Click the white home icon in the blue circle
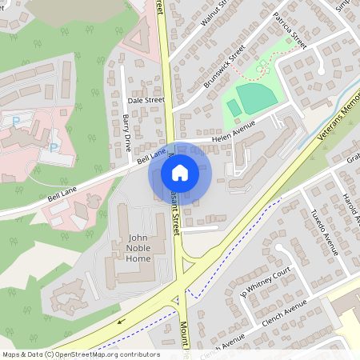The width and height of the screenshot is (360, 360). [x=180, y=173]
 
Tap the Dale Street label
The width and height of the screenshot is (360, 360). [x=146, y=100]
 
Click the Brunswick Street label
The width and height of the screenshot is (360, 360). [x=224, y=66]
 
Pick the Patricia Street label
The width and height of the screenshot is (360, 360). [x=289, y=30]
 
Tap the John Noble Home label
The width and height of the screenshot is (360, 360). [x=127, y=247]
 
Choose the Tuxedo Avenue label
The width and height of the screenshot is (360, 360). [x=323, y=233]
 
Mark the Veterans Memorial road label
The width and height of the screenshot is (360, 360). [x=336, y=120]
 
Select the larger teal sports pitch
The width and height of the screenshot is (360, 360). [x=255, y=98]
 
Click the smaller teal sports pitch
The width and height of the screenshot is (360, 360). [x=233, y=108]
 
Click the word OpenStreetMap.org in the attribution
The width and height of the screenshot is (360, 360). [x=97, y=354]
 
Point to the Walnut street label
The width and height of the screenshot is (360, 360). [x=214, y=13]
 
